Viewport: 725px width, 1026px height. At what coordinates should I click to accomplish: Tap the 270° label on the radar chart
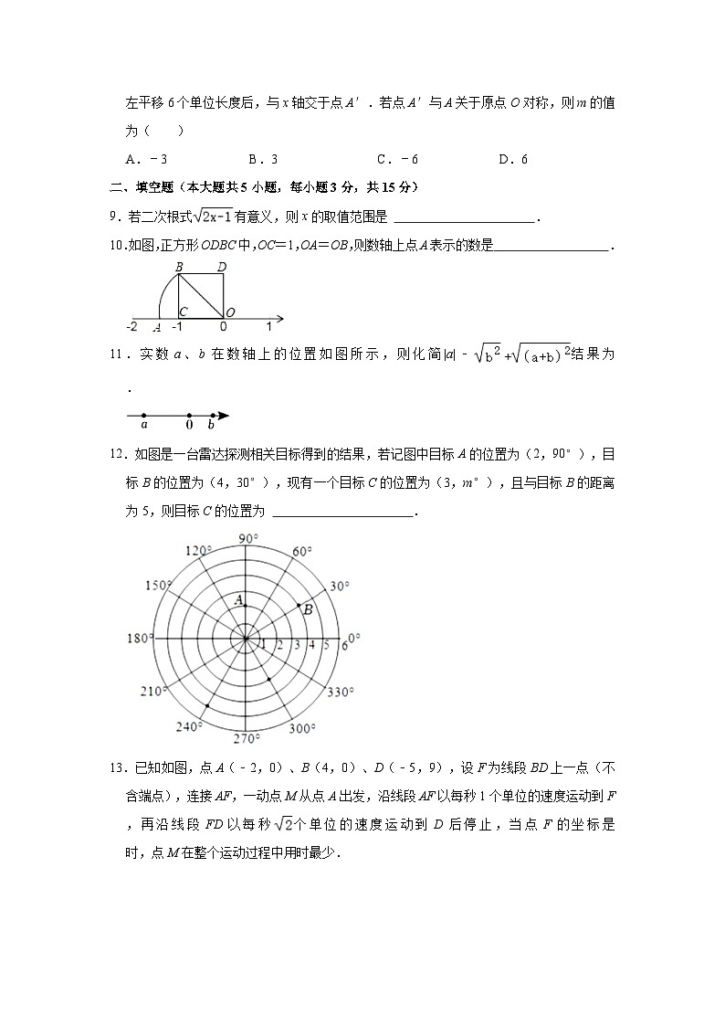(247, 739)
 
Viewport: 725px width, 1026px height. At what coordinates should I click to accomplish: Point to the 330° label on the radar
(340, 692)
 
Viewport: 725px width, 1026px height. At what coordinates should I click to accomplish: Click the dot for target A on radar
(246, 605)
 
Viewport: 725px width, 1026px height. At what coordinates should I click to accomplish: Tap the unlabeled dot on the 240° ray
(208, 706)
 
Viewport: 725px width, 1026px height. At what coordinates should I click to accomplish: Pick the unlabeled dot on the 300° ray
(269, 679)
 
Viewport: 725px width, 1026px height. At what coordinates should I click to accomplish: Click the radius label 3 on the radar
(296, 645)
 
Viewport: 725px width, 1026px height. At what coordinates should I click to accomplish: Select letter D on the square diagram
(222, 267)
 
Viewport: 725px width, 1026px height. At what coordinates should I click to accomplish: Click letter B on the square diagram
(179, 267)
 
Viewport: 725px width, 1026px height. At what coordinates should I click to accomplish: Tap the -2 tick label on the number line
(132, 326)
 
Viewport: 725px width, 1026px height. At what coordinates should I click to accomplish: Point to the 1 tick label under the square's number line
(268, 326)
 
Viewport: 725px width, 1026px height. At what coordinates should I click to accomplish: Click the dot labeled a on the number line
(143, 416)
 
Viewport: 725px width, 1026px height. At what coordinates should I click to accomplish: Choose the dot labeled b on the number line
(213, 416)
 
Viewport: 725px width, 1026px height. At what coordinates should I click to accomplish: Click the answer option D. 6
(513, 159)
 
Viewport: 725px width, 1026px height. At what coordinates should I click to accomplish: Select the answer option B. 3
(263, 159)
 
